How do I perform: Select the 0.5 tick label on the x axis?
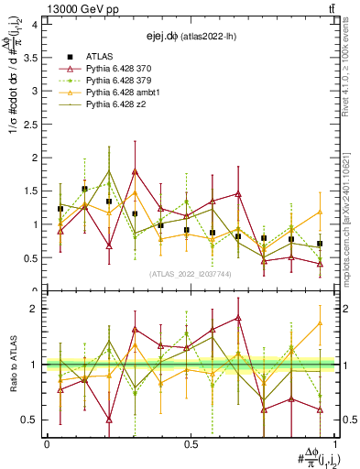coord(191,443)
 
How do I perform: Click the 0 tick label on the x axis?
coord(47,443)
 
